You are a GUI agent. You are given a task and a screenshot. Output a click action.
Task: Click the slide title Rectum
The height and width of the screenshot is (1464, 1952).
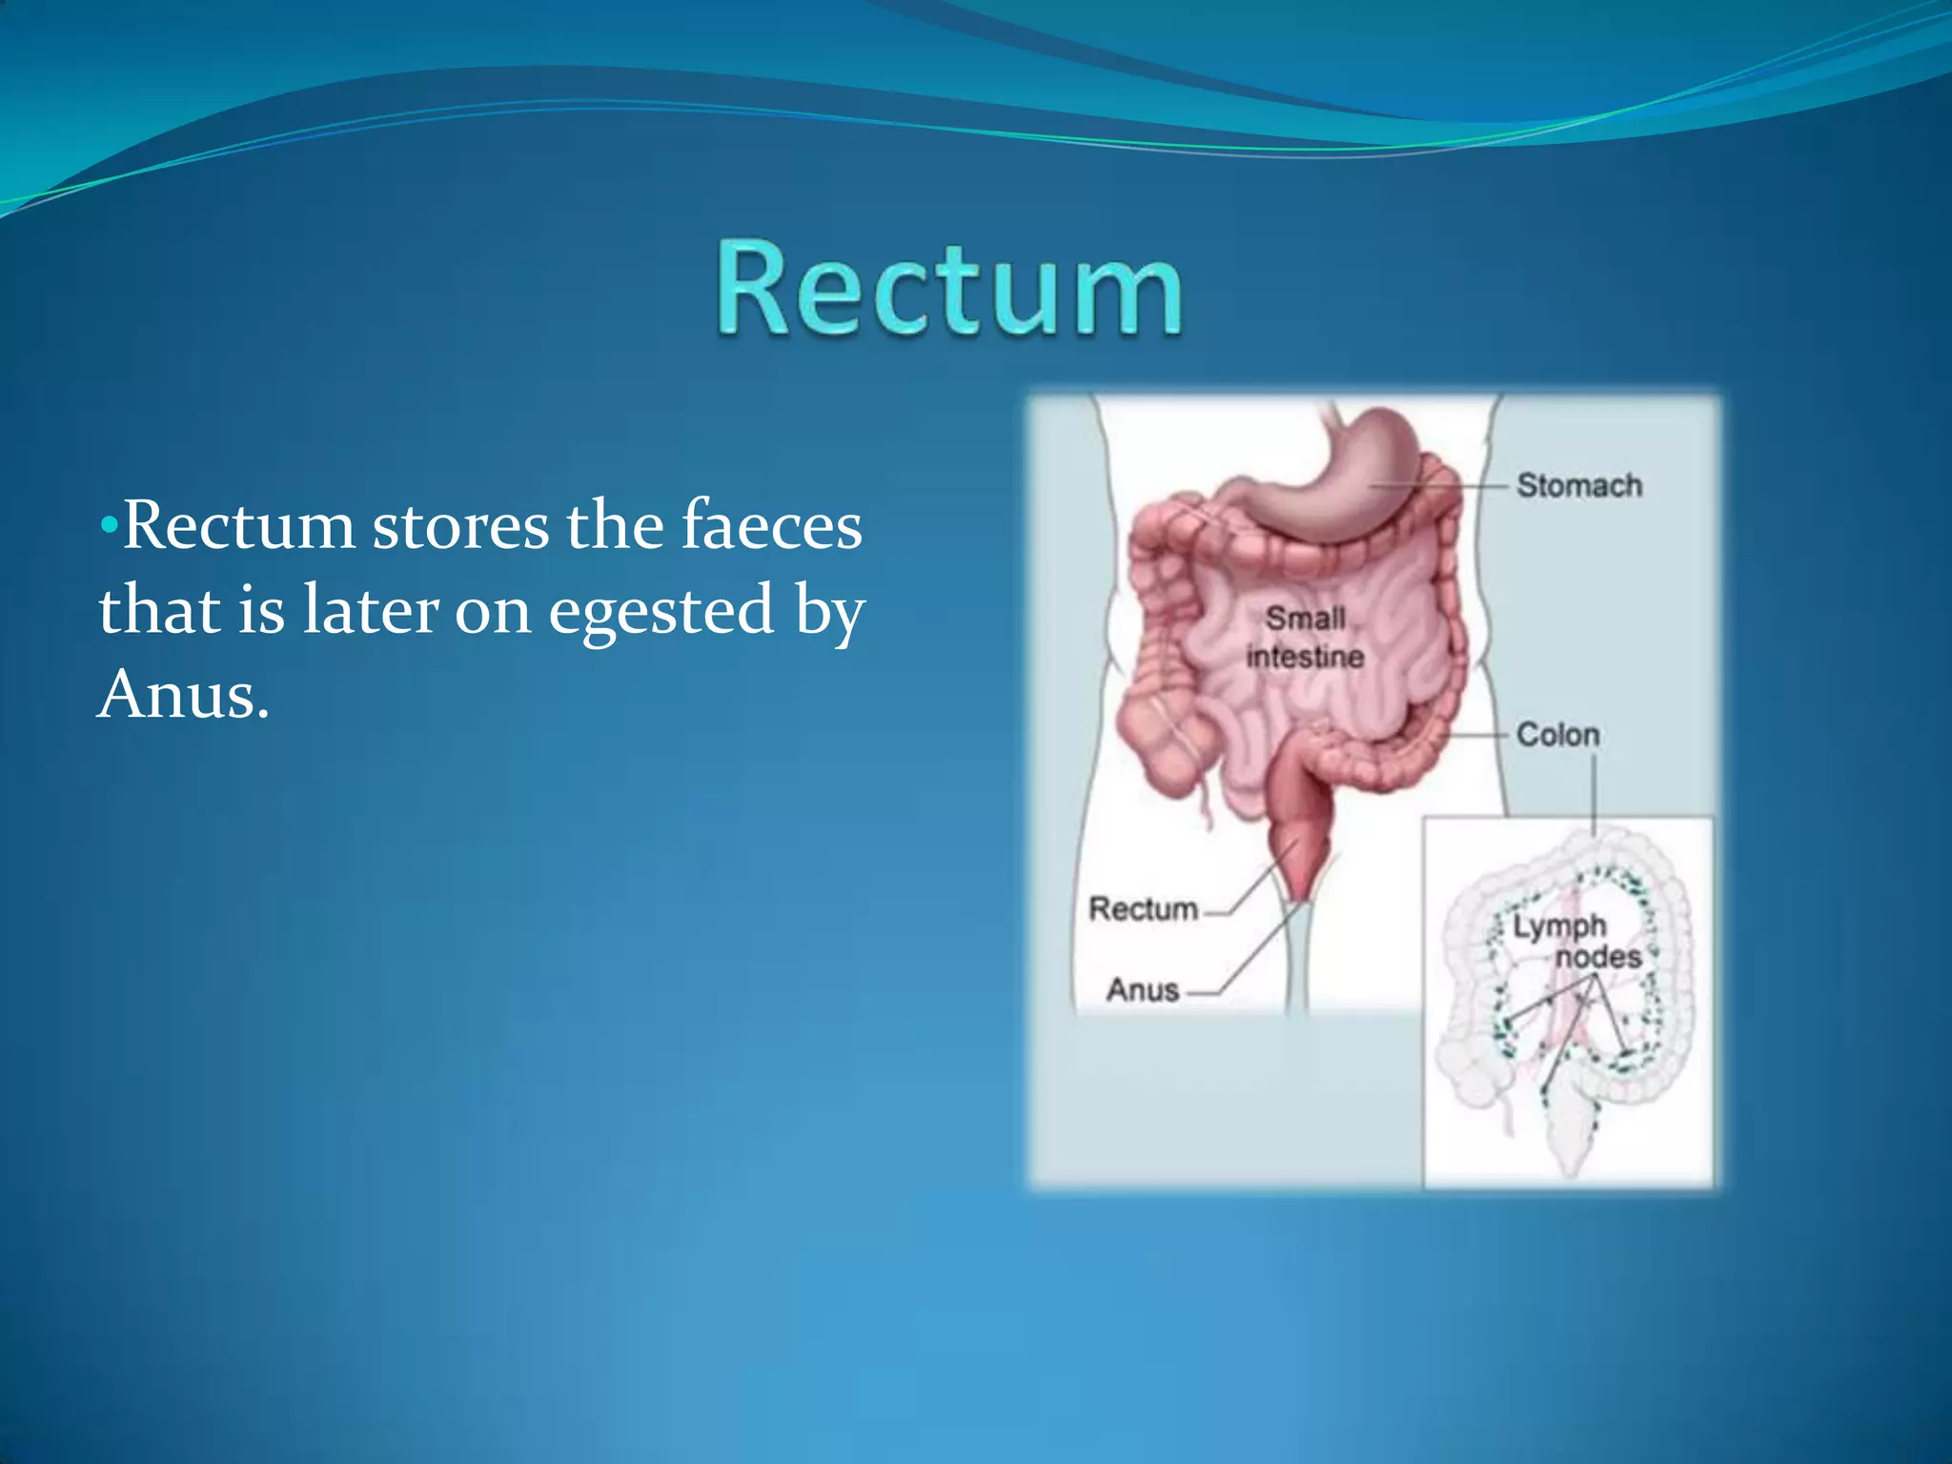[950, 288]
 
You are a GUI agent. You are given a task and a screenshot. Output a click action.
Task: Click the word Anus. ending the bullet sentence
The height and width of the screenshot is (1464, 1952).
[183, 694]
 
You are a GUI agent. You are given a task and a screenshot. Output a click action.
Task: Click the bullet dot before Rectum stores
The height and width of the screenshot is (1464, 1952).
[110, 525]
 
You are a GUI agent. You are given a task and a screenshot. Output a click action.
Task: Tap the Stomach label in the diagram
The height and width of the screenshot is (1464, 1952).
[1579, 485]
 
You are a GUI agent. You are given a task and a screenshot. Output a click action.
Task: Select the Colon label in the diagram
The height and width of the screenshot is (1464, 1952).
[1557, 735]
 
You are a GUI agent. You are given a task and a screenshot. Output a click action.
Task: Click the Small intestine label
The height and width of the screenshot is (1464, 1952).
[1305, 638]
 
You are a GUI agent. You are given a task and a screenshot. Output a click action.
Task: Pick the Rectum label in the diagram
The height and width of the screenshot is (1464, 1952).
[1143, 909]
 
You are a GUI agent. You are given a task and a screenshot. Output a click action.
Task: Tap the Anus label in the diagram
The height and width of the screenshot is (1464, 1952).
[1143, 990]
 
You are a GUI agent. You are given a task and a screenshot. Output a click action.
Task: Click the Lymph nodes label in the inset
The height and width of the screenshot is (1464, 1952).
[1576, 941]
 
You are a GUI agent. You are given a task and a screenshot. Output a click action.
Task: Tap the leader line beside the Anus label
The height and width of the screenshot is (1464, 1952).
[1249, 953]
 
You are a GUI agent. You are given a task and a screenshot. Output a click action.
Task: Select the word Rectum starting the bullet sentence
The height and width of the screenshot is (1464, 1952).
[239, 525]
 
